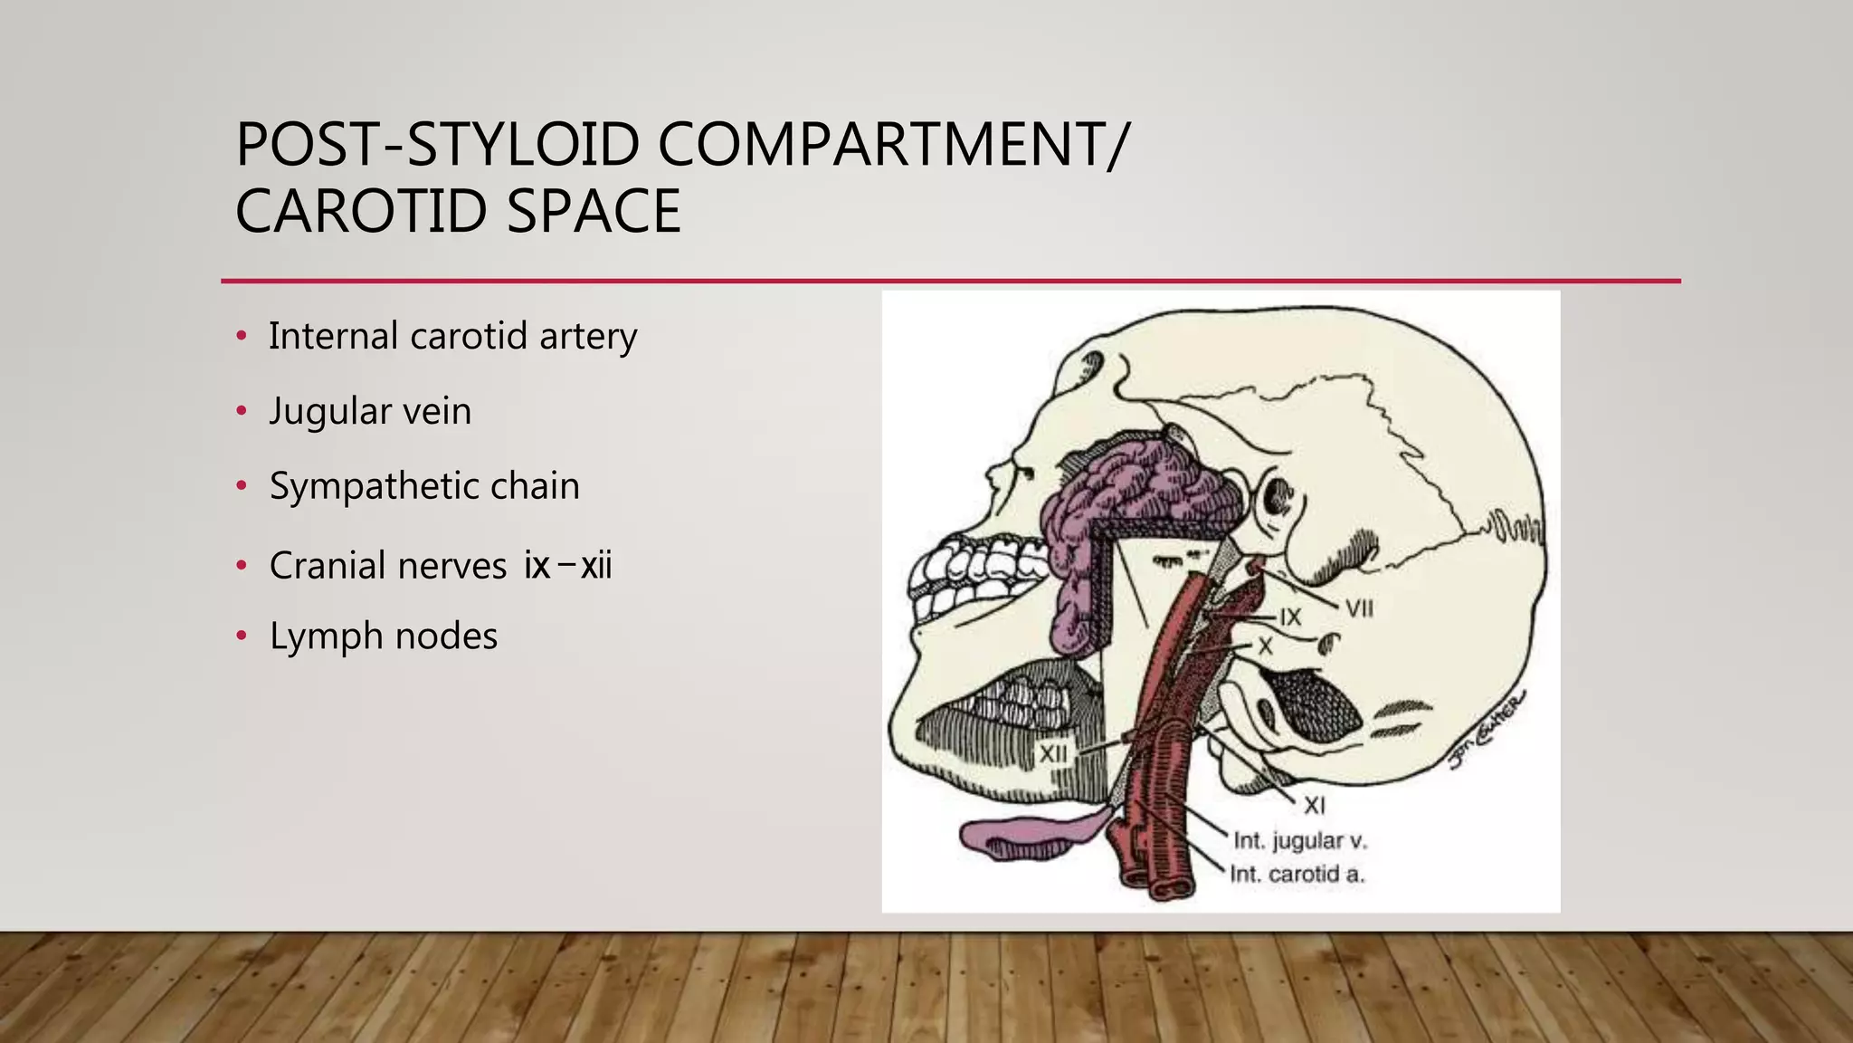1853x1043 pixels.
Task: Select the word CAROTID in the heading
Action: click(x=362, y=211)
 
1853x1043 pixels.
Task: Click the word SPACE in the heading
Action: click(x=594, y=211)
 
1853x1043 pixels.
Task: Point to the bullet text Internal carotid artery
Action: click(x=452, y=336)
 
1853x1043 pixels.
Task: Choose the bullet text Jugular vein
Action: click(x=370, y=411)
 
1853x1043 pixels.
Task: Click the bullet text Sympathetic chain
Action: click(x=424, y=486)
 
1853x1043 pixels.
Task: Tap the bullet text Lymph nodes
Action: click(x=384, y=636)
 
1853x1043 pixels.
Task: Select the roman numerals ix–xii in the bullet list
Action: click(x=568, y=566)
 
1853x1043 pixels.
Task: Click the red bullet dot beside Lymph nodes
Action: click(x=241, y=636)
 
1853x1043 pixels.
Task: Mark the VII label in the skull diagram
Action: click(x=1359, y=608)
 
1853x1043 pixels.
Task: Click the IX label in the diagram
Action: click(x=1290, y=617)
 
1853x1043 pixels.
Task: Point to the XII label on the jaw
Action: click(x=1053, y=753)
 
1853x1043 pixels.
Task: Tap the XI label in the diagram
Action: click(x=1315, y=805)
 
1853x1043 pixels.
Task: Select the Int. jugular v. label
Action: click(x=1300, y=841)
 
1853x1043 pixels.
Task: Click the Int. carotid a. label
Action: click(x=1297, y=875)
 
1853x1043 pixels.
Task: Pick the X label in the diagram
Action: click(x=1266, y=646)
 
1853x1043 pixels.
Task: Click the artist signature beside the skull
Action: click(x=1488, y=730)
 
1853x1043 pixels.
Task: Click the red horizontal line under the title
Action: click(x=950, y=282)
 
